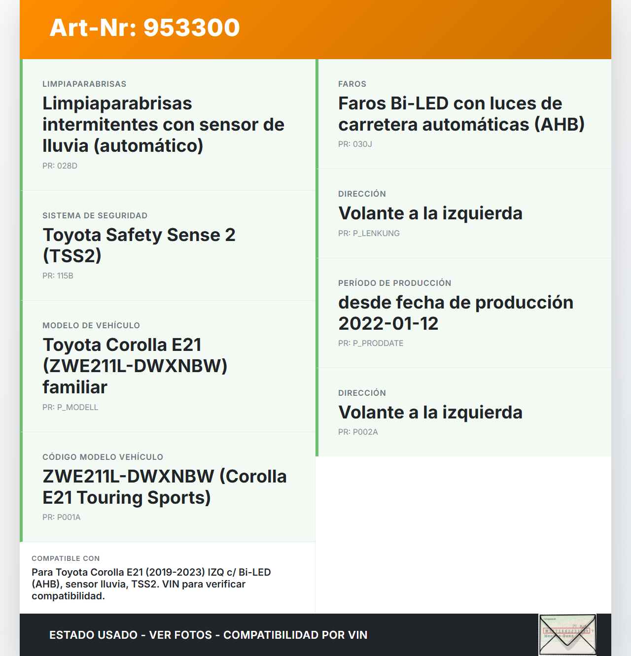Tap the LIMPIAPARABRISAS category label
[84, 84]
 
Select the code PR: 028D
[60, 166]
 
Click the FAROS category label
[352, 84]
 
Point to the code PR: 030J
[355, 144]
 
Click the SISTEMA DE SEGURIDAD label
[95, 215]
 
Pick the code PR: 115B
[58, 276]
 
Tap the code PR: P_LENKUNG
[369, 233]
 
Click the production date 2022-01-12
[388, 323]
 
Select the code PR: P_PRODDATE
[371, 343]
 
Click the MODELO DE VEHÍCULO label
[91, 325]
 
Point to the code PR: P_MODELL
[70, 407]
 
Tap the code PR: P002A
[358, 432]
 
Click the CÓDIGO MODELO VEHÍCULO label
[103, 457]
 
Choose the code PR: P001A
[61, 517]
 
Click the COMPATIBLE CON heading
[66, 558]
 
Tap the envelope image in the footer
[567, 634]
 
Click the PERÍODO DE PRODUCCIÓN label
[394, 283]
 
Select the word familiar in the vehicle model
[75, 387]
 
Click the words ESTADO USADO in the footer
[93, 635]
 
